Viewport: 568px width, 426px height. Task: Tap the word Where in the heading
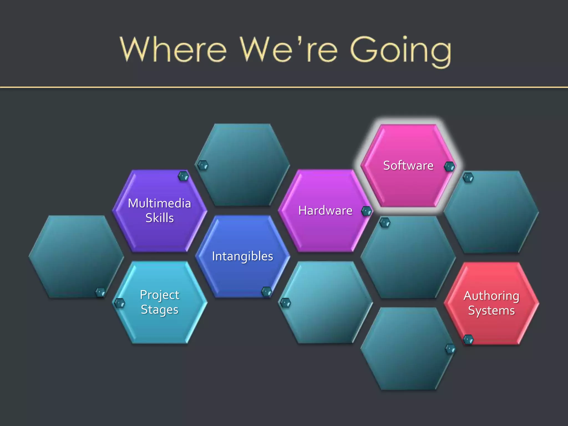pos(173,50)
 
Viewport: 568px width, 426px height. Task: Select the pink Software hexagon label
pos(408,166)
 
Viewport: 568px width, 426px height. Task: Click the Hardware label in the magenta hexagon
pos(325,211)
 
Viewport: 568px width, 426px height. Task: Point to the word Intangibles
pos(242,256)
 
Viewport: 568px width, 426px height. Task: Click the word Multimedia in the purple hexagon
pos(159,203)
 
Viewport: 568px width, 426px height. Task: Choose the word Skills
pos(159,218)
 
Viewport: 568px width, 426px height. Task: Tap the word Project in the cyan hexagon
pos(159,295)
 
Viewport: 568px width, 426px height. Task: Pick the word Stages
pos(159,310)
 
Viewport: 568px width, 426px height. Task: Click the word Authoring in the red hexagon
pos(491,296)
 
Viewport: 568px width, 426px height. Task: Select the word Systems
pos(491,310)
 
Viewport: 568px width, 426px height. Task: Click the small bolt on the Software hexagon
pos(449,166)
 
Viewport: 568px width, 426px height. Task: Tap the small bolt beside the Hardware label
pos(367,211)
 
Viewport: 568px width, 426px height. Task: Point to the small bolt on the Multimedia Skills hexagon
pos(183,176)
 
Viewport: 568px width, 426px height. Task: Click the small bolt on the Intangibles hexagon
pos(267,291)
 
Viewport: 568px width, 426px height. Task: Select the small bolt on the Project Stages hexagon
pos(120,303)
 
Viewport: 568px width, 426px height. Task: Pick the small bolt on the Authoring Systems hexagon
pos(468,339)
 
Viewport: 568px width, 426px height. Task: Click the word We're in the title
pos(288,50)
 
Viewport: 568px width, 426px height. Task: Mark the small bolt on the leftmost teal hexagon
pos(100,292)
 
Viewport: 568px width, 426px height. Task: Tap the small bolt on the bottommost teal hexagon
pos(450,349)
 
